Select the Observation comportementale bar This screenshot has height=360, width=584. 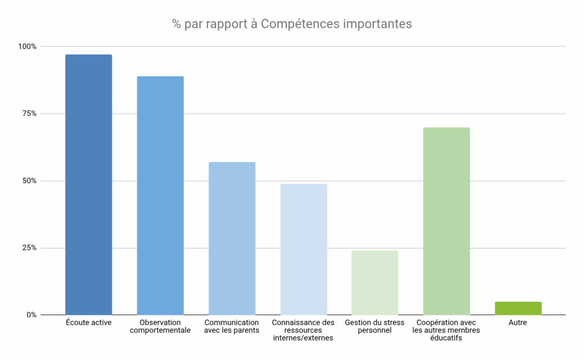(160, 195)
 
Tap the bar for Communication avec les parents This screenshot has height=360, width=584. (232, 238)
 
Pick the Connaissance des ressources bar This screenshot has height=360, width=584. (303, 249)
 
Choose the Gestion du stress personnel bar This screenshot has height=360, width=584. (375, 282)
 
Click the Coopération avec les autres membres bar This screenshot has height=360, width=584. (447, 221)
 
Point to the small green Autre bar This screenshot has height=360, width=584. (518, 308)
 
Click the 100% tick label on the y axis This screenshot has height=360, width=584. (27, 46)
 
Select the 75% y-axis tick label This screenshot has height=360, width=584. (29, 114)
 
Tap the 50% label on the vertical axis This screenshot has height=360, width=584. (29, 181)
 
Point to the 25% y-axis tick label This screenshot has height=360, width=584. (29, 248)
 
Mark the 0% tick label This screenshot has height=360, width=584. (31, 315)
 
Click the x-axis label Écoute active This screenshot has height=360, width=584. (88, 323)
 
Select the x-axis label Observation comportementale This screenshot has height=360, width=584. (160, 326)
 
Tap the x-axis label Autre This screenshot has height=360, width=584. (518, 323)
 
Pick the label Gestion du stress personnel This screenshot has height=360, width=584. (375, 326)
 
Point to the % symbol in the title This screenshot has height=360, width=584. (177, 24)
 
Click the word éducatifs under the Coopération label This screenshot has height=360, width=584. (446, 338)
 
